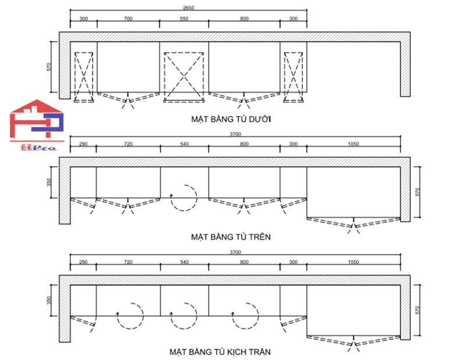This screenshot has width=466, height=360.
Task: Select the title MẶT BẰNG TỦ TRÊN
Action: click(x=231, y=237)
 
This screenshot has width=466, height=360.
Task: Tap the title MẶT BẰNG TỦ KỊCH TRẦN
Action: click(x=220, y=352)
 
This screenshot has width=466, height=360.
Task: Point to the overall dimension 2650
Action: click(x=189, y=8)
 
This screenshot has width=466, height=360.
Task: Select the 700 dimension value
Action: click(x=128, y=19)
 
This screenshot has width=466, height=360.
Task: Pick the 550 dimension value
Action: click(x=183, y=19)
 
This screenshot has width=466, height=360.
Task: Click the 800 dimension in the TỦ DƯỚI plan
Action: click(x=244, y=19)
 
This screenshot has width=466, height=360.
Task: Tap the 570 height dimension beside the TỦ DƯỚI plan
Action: click(x=51, y=67)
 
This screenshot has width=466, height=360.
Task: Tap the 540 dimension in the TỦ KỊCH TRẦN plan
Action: click(x=184, y=263)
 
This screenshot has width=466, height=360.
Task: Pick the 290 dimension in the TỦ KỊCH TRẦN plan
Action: click(x=83, y=263)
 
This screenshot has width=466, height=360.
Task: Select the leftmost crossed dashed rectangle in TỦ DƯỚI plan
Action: click(x=83, y=77)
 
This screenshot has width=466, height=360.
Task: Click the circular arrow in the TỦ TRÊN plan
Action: click(x=183, y=198)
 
